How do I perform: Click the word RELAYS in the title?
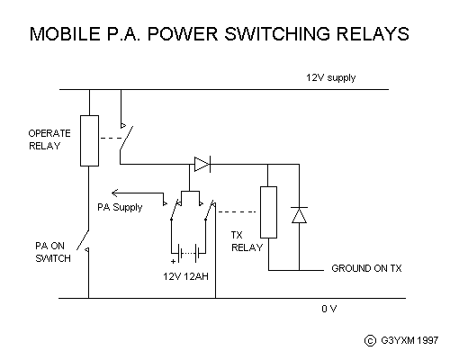click(x=373, y=33)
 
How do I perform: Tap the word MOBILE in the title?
click(x=65, y=33)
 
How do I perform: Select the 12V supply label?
click(x=330, y=77)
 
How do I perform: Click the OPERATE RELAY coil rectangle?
click(x=89, y=140)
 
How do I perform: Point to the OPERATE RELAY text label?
click(x=49, y=139)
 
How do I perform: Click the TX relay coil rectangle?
click(x=268, y=212)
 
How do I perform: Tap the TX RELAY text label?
click(x=247, y=241)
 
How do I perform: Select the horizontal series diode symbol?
click(x=202, y=164)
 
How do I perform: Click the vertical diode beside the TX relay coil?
click(x=299, y=215)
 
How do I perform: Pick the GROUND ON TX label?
click(x=366, y=268)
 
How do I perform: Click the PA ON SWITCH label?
click(x=53, y=252)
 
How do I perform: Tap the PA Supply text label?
click(x=120, y=207)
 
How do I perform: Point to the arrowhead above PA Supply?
click(x=114, y=193)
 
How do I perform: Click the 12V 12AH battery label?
click(x=185, y=276)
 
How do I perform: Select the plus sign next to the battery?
click(x=173, y=261)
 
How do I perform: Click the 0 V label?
click(x=329, y=309)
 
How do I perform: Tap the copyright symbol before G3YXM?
click(x=370, y=340)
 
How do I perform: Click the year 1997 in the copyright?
click(x=427, y=340)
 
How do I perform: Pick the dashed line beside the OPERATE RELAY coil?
click(x=111, y=138)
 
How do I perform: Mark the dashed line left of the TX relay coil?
click(x=237, y=211)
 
